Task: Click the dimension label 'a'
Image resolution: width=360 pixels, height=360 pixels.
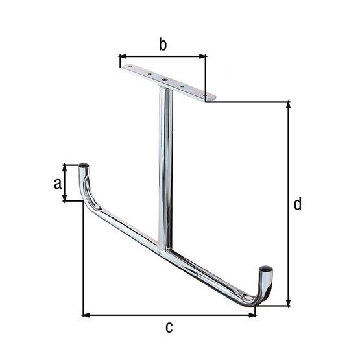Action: coord(58,184)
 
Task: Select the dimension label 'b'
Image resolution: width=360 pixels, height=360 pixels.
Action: coord(163,45)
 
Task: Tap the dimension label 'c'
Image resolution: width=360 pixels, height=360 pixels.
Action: coord(169,328)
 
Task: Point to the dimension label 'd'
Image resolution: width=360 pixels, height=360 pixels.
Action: coord(297,204)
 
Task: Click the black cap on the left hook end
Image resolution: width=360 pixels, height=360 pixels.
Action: coord(84,166)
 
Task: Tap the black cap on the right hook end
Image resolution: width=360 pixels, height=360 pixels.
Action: coord(265,267)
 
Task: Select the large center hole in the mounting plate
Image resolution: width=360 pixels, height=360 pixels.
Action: coord(165,81)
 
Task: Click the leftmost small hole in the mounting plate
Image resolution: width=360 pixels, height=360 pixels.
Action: coord(130,67)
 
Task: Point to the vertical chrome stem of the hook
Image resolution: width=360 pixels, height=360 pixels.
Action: coord(165,162)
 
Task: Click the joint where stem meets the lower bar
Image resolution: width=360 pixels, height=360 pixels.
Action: coord(164,247)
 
